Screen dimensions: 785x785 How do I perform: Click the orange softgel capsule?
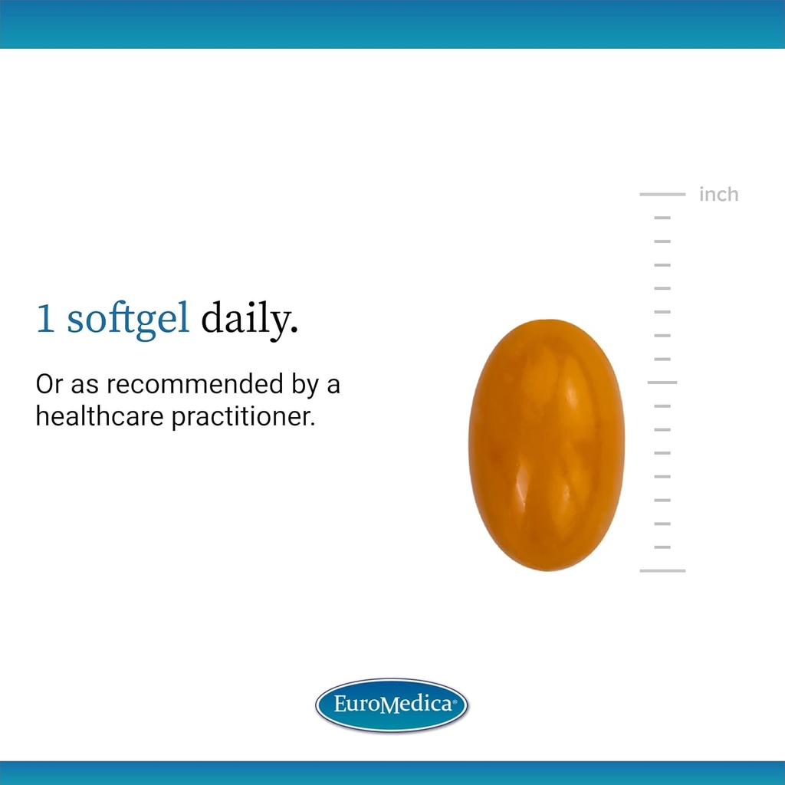[x=546, y=445]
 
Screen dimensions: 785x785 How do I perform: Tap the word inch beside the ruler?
[x=718, y=195]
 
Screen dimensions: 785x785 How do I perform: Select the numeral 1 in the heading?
[x=45, y=320]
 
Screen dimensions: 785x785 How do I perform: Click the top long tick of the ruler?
[x=662, y=195]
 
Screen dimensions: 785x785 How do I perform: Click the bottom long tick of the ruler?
[x=662, y=570]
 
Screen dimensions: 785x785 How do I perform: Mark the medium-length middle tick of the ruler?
[x=662, y=382]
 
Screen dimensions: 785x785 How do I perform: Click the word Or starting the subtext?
[x=49, y=384]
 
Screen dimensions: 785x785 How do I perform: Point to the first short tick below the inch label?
[x=662, y=218]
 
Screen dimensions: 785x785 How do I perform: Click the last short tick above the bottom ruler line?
[x=662, y=547]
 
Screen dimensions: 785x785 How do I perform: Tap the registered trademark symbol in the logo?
[x=455, y=700]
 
